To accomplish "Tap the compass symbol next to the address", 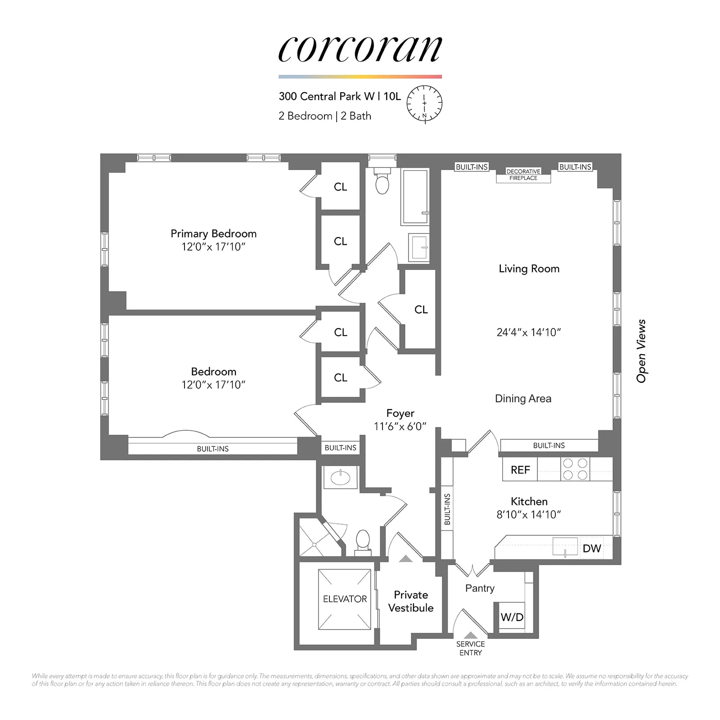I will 424,103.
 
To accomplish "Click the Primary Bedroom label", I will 213,234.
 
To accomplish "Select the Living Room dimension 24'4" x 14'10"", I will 529,333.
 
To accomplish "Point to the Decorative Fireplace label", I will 523,175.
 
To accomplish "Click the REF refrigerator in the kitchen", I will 520,470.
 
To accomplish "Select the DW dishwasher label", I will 591,548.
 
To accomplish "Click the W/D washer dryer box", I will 512,617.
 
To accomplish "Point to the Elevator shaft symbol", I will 345,599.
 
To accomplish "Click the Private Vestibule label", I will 410,601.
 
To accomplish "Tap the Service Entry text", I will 470,648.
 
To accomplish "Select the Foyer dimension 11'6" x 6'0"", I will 400,427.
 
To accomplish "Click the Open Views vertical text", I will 641,351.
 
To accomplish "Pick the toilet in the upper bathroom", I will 382,183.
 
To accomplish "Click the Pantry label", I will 480,588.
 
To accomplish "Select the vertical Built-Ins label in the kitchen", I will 447,509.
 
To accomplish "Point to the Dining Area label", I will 523,399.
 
